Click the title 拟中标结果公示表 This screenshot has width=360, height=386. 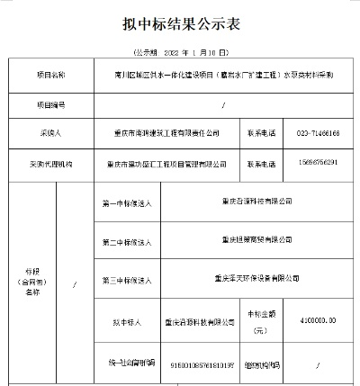tap(180, 23)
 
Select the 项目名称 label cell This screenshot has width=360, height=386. tap(51, 76)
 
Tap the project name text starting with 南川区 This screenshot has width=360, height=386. tap(224, 76)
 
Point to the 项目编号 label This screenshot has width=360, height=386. tap(51, 104)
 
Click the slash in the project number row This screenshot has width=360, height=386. tap(223, 104)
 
